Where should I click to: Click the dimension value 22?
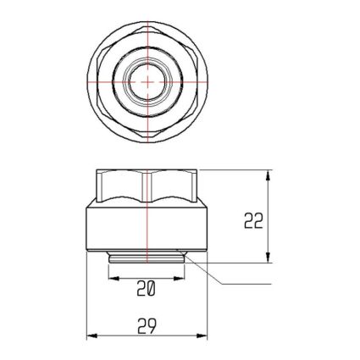(x=253, y=220)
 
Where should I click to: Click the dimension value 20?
(x=147, y=289)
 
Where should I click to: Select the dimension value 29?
(x=147, y=326)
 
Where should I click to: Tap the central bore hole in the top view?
(x=147, y=82)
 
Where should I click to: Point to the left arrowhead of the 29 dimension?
(x=91, y=336)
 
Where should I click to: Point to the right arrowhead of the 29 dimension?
(x=202, y=336)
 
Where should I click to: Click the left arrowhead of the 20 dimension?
(x=114, y=279)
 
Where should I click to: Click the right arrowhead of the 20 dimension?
(x=179, y=279)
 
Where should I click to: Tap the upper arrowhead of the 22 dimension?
(x=269, y=175)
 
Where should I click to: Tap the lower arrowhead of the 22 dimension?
(x=269, y=258)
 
